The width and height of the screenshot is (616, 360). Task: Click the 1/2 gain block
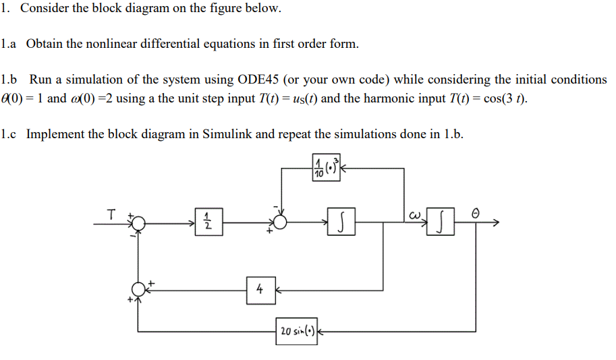click(x=208, y=222)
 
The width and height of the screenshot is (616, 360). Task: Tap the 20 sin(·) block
click(x=296, y=331)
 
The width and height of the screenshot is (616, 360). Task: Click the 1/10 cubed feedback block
click(x=327, y=168)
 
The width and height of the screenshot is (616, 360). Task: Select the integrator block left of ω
click(x=343, y=222)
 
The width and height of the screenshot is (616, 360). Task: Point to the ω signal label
click(x=414, y=214)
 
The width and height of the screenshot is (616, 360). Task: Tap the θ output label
click(x=475, y=212)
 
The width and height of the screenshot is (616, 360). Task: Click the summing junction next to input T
click(x=138, y=222)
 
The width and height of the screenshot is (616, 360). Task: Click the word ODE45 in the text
click(x=256, y=80)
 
